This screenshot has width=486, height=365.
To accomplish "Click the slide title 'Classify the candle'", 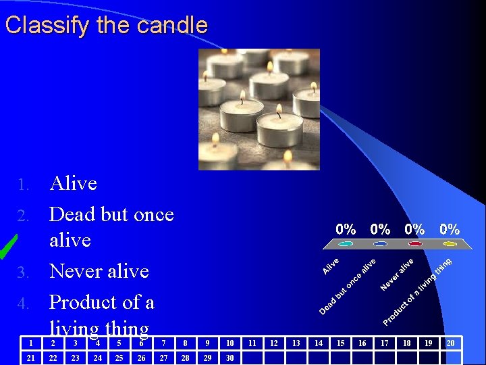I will [106, 26].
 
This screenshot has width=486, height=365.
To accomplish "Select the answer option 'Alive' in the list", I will [73, 183].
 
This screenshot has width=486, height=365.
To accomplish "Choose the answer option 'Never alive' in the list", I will [99, 271].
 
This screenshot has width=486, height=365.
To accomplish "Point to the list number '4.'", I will [24, 303].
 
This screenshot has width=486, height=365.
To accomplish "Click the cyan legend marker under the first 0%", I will [346, 244].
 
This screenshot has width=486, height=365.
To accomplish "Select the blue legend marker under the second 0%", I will [381, 244].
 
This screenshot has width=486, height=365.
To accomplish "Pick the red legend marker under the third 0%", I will [414, 244].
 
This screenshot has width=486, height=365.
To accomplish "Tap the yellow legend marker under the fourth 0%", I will [449, 244].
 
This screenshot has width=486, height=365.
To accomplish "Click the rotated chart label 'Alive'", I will [331, 266].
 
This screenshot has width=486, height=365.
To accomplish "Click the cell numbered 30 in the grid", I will [230, 358].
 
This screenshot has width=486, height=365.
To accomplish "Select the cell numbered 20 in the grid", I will [450, 343].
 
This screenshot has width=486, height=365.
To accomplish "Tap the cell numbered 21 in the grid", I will [30, 358].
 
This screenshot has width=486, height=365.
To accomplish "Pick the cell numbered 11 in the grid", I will [252, 343].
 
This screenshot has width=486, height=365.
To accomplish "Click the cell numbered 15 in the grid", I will [340, 343].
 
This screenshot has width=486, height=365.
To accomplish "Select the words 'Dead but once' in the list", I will [111, 214].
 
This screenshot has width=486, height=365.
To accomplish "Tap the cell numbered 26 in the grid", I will [141, 358].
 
